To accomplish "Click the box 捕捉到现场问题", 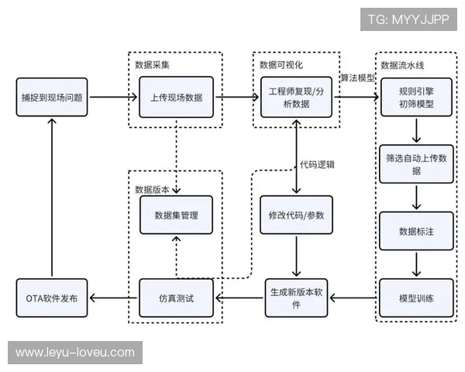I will [x=52, y=98].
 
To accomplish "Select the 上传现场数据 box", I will [x=177, y=98].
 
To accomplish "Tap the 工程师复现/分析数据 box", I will [x=297, y=98].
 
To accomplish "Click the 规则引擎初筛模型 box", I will [x=416, y=98].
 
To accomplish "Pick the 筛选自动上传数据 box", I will [x=416, y=164].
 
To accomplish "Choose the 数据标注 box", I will [x=416, y=230].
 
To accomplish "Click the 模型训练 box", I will [x=416, y=298].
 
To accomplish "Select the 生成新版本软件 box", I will [x=297, y=298].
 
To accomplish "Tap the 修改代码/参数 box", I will [x=297, y=215].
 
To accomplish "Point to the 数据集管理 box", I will [x=177, y=215].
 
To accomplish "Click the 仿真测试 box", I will [x=177, y=298].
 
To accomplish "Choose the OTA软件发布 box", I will [x=52, y=298].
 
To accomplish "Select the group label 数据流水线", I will [x=403, y=63].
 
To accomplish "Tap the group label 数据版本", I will [x=150, y=188].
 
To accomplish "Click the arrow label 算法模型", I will [x=357, y=79].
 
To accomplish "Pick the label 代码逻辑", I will [x=317, y=164].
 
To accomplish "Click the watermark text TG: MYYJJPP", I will [x=408, y=19].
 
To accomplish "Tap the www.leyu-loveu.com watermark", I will [x=74, y=353].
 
